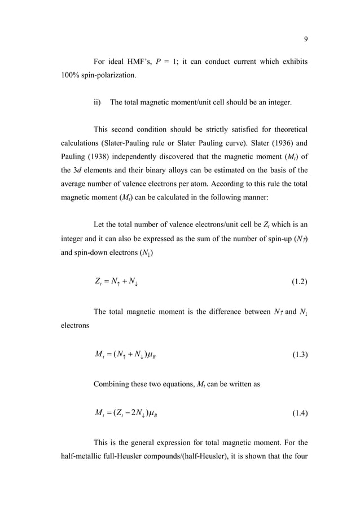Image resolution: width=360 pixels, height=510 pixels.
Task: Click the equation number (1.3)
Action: [297, 355]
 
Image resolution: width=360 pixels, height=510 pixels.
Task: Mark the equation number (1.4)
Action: [297, 414]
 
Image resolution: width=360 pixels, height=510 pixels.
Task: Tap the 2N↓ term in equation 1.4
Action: [133, 415]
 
